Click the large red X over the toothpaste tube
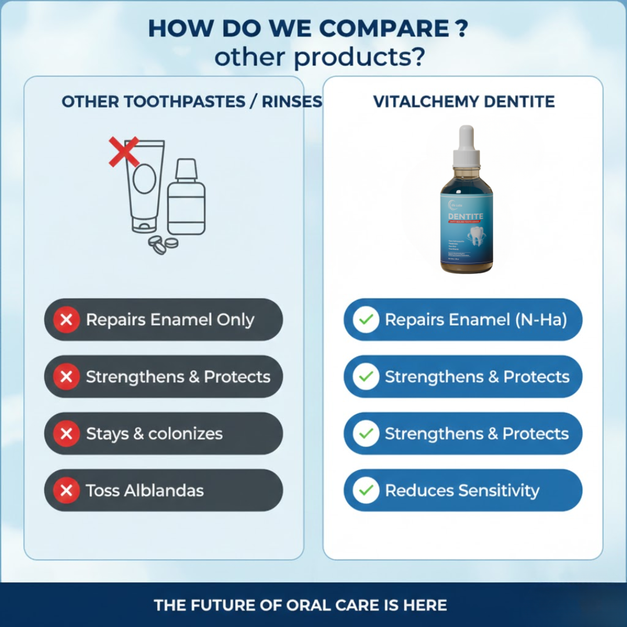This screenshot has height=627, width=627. (x=124, y=152)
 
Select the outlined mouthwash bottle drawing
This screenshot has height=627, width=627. (x=186, y=200)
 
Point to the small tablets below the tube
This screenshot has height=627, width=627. (x=163, y=244)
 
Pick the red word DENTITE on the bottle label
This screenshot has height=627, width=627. (x=466, y=217)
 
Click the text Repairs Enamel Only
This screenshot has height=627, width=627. (x=170, y=320)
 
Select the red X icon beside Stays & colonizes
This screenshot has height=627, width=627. (x=67, y=434)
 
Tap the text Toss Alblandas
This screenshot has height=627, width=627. (x=145, y=491)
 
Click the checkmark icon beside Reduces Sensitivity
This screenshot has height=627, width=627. (x=366, y=491)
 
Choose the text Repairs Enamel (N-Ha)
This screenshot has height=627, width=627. (x=475, y=320)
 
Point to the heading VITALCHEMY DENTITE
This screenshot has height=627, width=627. (x=464, y=102)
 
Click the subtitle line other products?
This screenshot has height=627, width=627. (x=319, y=57)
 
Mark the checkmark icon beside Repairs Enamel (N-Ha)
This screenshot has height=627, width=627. (x=366, y=320)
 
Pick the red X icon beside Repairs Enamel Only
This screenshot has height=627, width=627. (x=67, y=320)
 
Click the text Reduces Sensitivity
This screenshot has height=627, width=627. (x=462, y=491)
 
